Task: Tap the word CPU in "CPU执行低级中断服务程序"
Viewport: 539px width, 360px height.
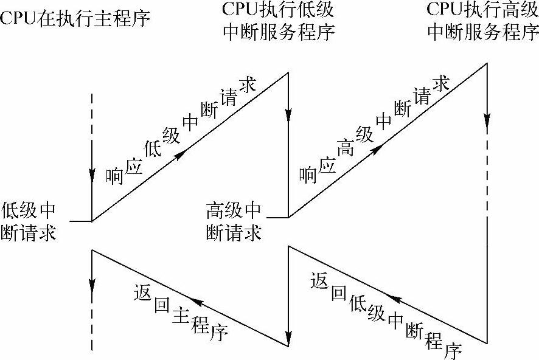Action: [243, 10]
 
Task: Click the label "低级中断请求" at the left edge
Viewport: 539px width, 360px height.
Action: [29, 221]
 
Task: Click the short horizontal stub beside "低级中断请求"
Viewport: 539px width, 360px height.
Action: [80, 221]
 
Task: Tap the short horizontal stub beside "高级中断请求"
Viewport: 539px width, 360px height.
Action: [277, 216]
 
